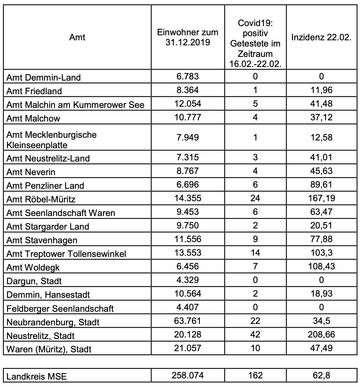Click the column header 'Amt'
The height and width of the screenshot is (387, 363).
click(77, 37)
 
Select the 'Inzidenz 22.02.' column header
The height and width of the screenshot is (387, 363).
click(321, 37)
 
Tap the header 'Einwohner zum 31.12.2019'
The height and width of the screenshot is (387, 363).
click(188, 37)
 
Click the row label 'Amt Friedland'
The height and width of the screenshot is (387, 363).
click(34, 91)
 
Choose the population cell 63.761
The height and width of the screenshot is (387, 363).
click(188, 321)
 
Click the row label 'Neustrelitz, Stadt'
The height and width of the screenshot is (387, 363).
click(40, 336)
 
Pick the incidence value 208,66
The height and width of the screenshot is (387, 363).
click(321, 335)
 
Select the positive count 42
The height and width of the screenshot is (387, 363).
click(255, 335)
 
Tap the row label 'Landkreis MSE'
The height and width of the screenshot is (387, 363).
click(36, 377)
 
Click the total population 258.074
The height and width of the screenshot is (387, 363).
click(188, 375)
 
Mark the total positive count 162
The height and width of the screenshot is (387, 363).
click(255, 375)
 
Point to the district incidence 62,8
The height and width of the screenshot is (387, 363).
click(321, 375)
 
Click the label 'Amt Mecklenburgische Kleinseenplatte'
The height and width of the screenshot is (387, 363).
click(51, 140)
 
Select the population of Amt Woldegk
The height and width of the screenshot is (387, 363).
click(188, 266)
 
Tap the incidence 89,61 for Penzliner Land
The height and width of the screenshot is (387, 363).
click(321, 185)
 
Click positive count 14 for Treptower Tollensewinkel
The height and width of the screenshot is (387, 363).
click(255, 252)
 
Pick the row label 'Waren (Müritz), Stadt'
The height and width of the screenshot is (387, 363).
click(49, 349)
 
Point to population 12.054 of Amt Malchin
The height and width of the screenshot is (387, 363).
click(188, 103)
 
